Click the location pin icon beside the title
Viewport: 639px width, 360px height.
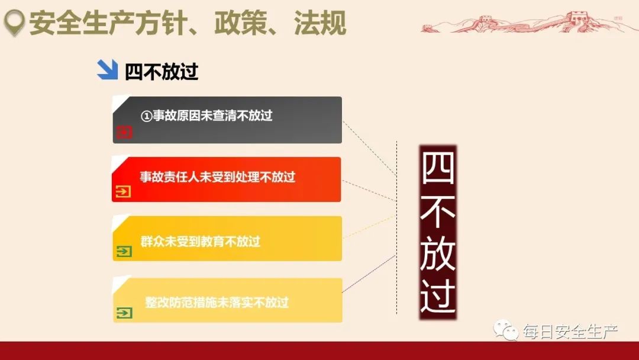14,24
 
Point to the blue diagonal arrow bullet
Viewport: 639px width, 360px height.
107,70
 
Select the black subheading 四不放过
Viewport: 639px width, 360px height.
162,72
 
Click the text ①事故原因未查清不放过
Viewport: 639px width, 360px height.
206,116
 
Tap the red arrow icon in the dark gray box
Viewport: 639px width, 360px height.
124,132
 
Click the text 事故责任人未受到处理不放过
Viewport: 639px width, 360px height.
217,176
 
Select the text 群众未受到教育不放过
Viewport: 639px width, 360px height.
201,242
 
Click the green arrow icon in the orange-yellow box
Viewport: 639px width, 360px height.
124,252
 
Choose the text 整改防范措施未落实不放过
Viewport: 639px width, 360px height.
217,303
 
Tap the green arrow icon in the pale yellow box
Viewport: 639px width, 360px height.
124,313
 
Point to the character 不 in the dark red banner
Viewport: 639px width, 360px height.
438,210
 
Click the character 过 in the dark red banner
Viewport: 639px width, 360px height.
438,295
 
